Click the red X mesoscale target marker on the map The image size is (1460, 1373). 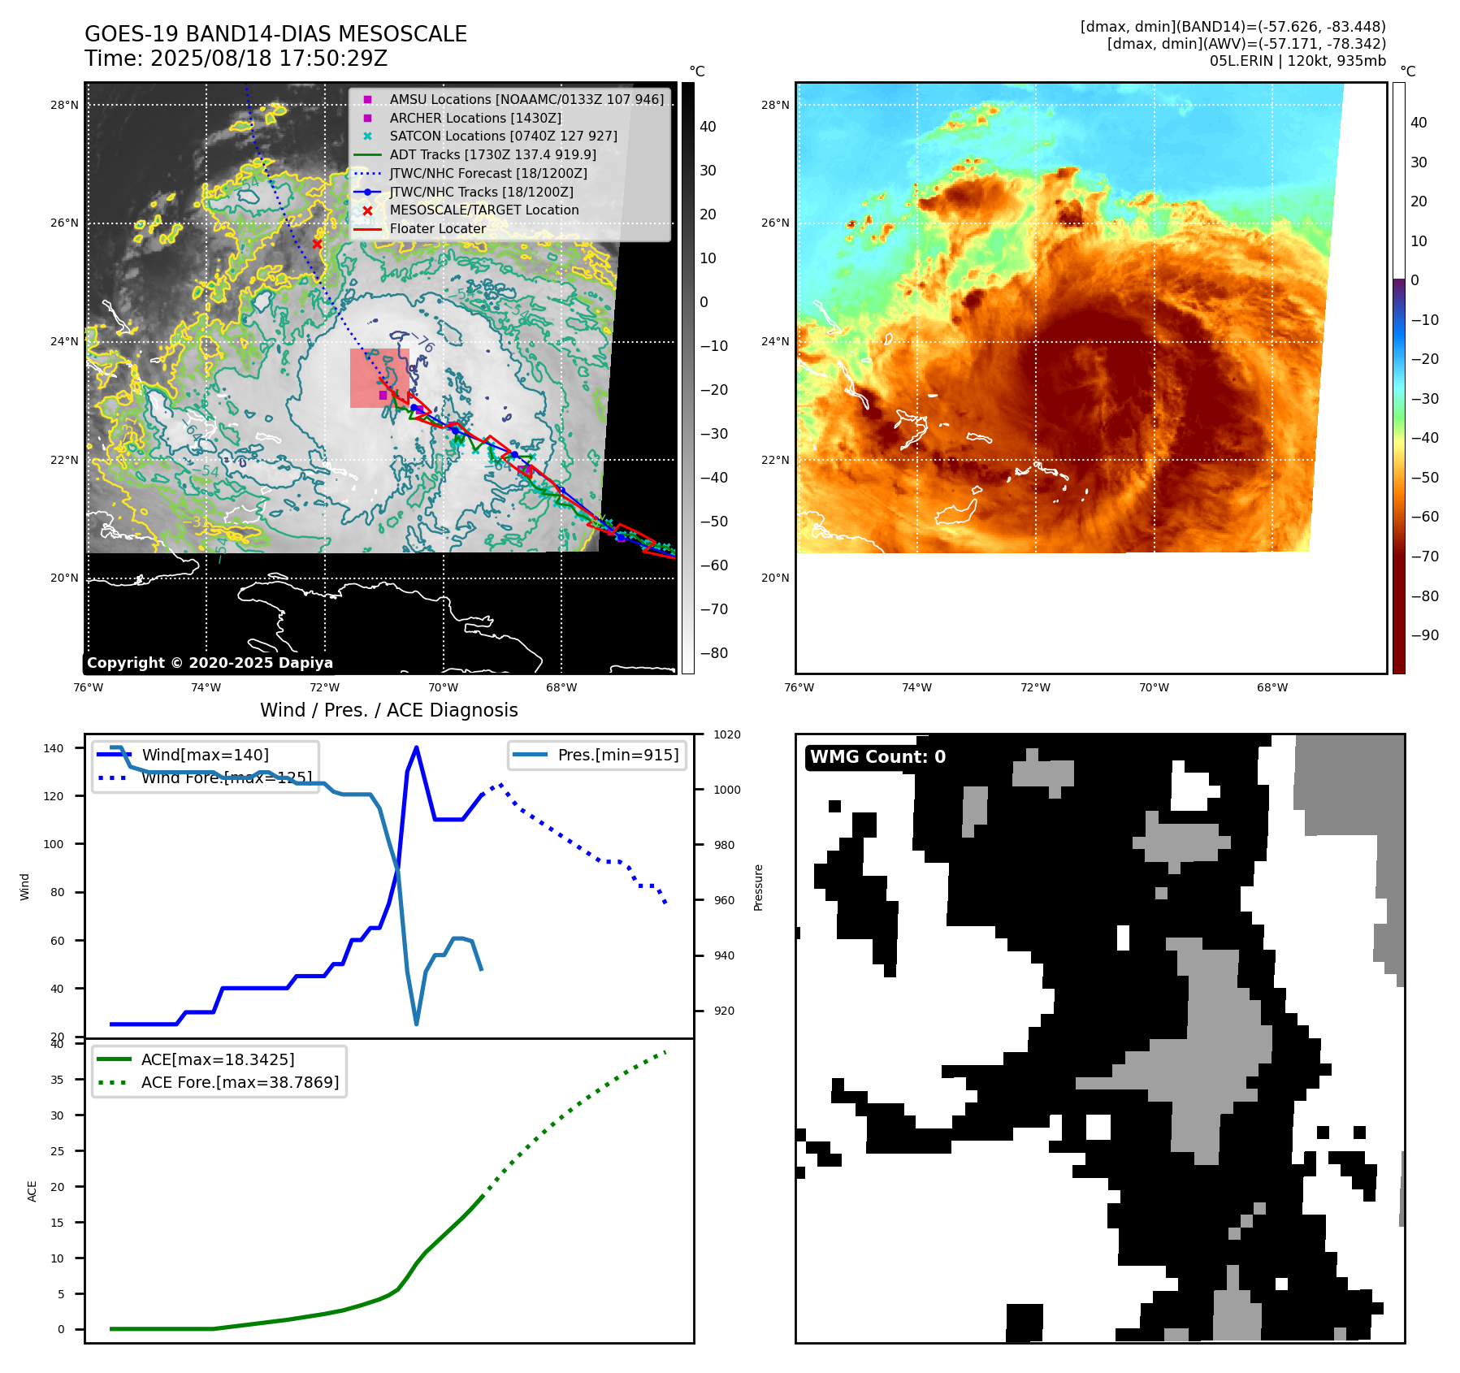pos(317,244)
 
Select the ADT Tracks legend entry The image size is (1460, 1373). pos(492,154)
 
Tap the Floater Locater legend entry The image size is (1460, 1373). pos(437,228)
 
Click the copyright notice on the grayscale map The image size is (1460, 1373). pos(210,663)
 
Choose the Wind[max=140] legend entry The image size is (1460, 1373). pos(205,755)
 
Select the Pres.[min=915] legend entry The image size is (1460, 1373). pos(617,755)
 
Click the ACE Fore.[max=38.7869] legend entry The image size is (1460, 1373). pos(240,1082)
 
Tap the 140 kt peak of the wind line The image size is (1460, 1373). pos(416,747)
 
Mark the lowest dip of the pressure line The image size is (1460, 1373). pos(417,1024)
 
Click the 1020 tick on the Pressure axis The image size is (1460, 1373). pos(726,734)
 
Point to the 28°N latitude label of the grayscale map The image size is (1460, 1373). pos(65,105)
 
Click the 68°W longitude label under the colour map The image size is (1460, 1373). pos(1272,687)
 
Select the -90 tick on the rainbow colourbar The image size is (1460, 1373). pos(1424,635)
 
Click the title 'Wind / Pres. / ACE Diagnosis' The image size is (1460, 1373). pos(388,710)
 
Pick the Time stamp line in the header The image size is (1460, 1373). pos(236,58)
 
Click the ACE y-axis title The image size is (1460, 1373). pos(32,1191)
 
